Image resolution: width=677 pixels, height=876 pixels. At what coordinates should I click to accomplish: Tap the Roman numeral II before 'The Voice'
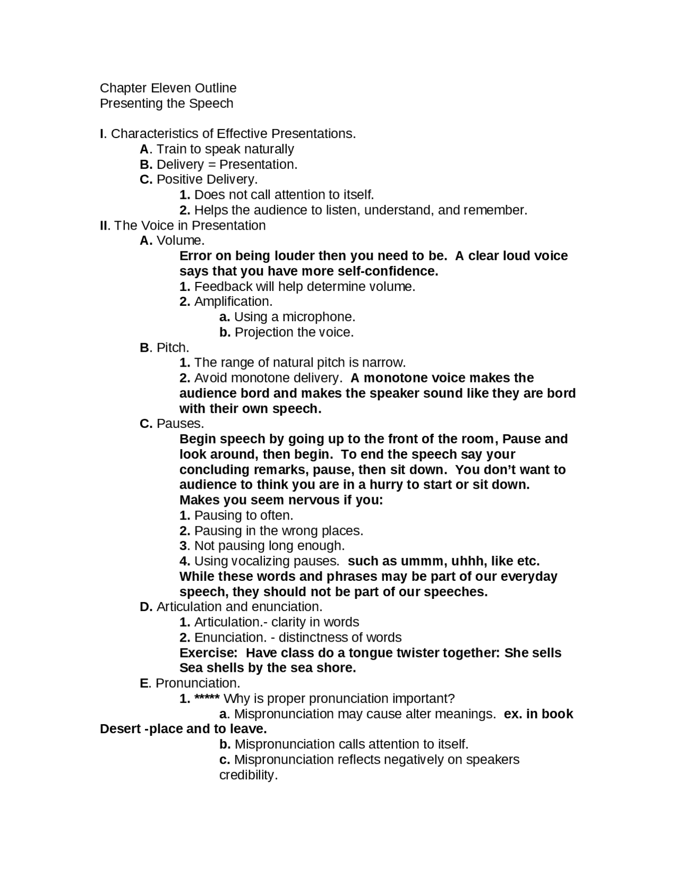pos(104,225)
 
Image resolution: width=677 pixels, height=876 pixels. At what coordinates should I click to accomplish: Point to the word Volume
pos(179,241)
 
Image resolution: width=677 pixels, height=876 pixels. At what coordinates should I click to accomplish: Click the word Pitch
pos(172,348)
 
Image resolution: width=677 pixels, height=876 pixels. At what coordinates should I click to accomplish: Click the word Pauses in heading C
pos(179,424)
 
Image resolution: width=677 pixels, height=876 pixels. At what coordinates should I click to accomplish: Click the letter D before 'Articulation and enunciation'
pos(145,607)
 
